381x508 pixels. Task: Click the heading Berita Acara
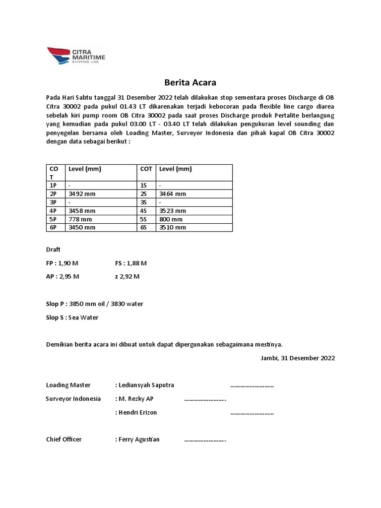(x=190, y=82)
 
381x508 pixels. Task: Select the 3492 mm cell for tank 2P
(x=80, y=194)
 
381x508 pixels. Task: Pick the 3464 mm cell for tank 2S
(x=172, y=194)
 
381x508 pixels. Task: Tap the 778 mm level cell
(x=80, y=219)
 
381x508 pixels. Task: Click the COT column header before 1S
(x=146, y=169)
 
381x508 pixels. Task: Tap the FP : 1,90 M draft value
(x=63, y=263)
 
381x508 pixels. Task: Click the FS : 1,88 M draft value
(x=130, y=263)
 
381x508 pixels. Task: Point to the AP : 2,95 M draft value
(x=63, y=276)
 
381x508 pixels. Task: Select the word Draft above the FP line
(x=53, y=250)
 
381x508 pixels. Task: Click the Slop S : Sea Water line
(x=72, y=317)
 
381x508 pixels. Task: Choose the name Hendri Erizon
(x=137, y=412)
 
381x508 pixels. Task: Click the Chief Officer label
(x=64, y=439)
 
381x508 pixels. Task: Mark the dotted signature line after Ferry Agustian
(x=205, y=440)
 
